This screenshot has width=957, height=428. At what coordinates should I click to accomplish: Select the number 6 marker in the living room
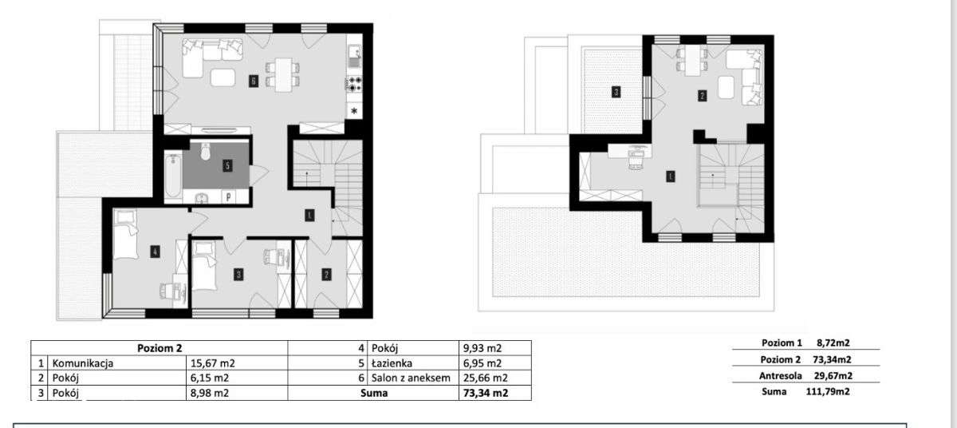253,80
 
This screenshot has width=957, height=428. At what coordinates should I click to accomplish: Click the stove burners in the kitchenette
354,83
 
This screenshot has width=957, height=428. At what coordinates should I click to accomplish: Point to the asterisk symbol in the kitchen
354,112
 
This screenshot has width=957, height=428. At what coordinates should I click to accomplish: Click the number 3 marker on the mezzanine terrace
616,92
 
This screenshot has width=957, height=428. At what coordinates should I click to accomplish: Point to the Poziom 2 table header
158,347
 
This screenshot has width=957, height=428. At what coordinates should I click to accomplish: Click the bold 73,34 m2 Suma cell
486,393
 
